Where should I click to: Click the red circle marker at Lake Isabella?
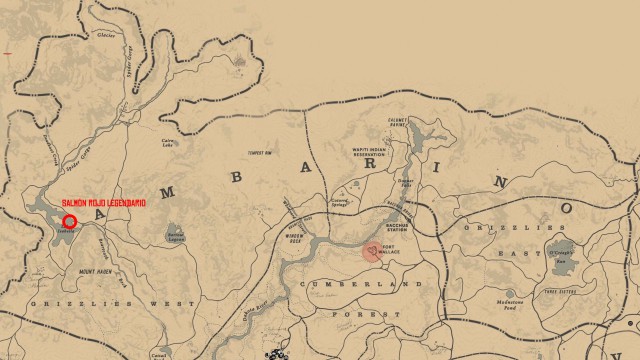[x=70, y=221]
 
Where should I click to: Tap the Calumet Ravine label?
[x=399, y=124]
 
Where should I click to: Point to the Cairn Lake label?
[x=169, y=143]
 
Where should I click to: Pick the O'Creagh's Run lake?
[x=561, y=249]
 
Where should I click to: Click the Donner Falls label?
[x=406, y=183]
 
